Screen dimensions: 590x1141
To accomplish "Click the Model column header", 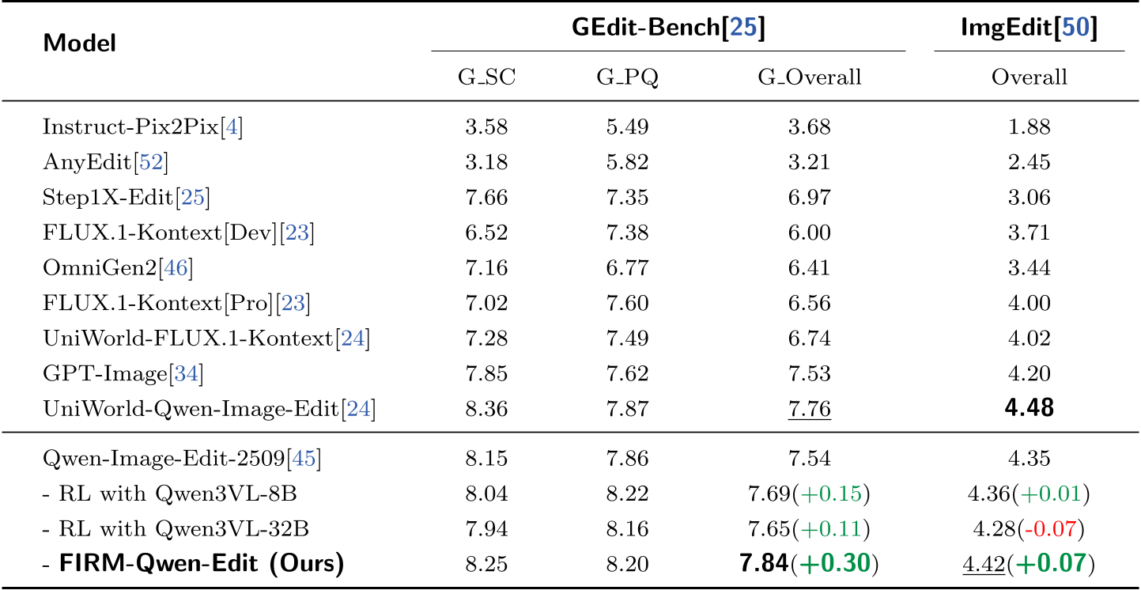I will (80, 43).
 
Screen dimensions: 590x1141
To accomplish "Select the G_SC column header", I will (486, 78).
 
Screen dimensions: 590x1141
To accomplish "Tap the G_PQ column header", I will (627, 78).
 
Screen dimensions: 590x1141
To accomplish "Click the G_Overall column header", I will (810, 78).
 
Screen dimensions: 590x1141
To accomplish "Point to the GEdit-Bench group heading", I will (668, 28).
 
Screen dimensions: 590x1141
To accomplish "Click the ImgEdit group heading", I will (1029, 28).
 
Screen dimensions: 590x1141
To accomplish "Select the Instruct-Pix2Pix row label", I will (142, 127).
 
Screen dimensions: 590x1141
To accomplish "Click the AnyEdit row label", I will (105, 162).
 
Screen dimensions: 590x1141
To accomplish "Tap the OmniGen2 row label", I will (118, 269).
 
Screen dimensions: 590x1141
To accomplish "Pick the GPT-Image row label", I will (123, 374).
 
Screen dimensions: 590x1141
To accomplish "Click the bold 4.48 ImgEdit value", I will (1029, 409).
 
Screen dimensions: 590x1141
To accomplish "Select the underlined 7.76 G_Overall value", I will (809, 410).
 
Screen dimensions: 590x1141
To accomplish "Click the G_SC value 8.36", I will (486, 410).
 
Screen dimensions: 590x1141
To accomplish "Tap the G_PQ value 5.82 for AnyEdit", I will (627, 162).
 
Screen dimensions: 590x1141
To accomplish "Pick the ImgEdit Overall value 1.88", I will (1029, 127).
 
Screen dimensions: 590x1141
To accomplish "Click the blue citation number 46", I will (176, 269).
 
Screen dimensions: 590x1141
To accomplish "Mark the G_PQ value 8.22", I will (627, 494).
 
